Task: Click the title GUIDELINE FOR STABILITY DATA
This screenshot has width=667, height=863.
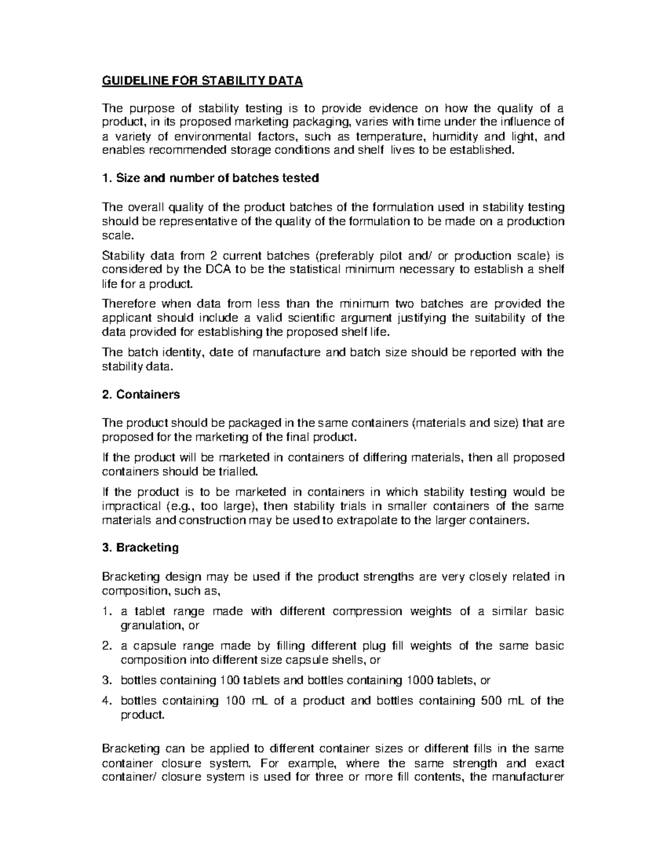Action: pos(202,81)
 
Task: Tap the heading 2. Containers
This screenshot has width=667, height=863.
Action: pos(141,395)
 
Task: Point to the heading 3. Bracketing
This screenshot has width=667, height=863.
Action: pos(141,547)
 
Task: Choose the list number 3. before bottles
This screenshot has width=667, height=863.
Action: pos(107,680)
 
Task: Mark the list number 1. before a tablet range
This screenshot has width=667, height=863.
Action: pos(107,611)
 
